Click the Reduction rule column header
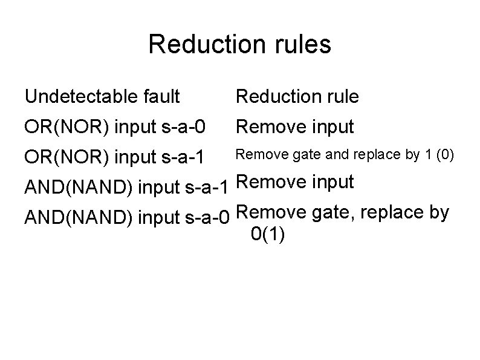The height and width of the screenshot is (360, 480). point(297,96)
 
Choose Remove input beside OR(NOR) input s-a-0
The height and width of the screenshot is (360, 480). point(294,127)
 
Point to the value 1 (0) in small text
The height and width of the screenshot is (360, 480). point(437,155)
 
